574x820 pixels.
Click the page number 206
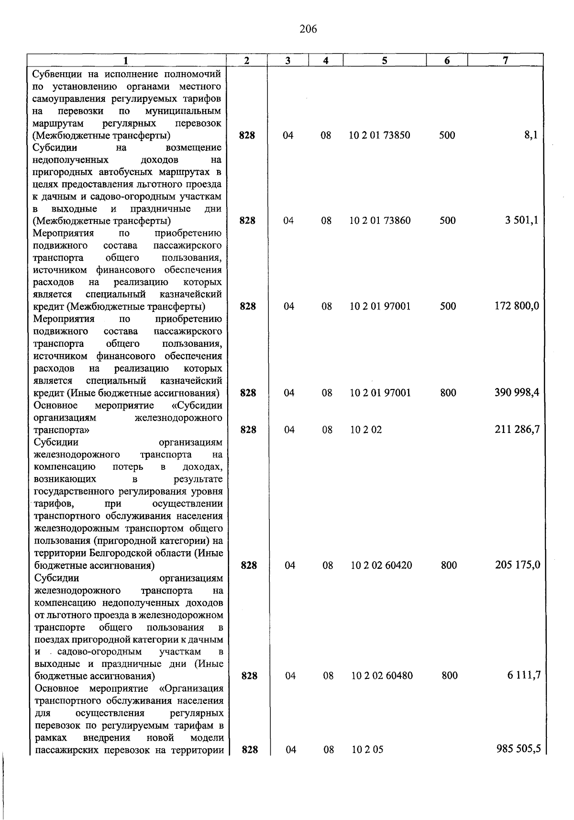(x=308, y=30)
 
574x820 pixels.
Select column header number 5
(x=385, y=60)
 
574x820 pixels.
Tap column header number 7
(x=505, y=60)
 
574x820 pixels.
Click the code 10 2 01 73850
(x=379, y=135)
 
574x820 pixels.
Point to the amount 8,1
(x=531, y=135)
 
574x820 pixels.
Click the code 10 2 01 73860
(x=380, y=221)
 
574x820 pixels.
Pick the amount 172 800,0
(x=517, y=306)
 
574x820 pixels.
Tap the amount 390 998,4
(x=517, y=393)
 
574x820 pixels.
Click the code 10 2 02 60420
(x=381, y=565)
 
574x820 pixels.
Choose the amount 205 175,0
(x=518, y=565)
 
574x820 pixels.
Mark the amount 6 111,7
(x=524, y=676)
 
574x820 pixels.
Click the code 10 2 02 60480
(x=382, y=676)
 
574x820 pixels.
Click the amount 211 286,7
(x=517, y=430)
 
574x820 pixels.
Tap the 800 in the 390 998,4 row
(x=448, y=393)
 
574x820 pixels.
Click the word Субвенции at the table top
(x=55, y=74)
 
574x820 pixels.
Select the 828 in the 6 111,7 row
(x=249, y=676)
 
